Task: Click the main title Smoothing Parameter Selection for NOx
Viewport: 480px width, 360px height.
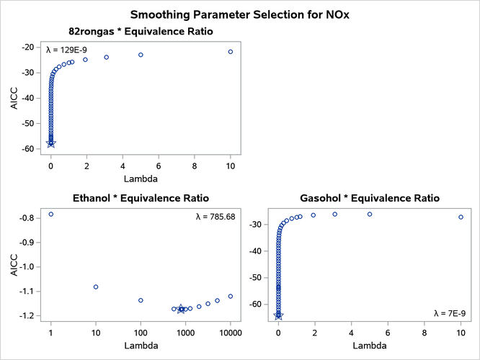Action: (239, 14)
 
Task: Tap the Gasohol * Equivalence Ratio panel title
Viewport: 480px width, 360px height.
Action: (369, 198)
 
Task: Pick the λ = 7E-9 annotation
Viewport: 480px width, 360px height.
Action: (450, 313)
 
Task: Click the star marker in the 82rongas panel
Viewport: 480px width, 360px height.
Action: (50, 143)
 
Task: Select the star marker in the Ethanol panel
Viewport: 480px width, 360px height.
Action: (181, 309)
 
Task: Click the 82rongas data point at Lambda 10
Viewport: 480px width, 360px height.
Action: (231, 52)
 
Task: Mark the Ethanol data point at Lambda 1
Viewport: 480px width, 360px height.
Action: (51, 214)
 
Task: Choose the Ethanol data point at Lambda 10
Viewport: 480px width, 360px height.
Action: (96, 287)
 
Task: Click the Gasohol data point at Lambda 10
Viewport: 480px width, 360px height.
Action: (461, 217)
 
